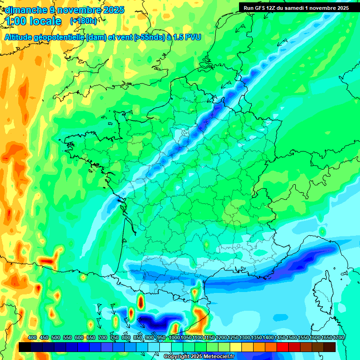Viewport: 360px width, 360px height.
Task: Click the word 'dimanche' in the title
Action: click(x=23, y=10)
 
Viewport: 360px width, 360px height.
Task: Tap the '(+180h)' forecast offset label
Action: click(x=83, y=21)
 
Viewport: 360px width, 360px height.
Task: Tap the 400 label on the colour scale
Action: click(x=32, y=337)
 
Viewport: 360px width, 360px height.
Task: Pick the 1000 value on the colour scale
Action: click(x=174, y=337)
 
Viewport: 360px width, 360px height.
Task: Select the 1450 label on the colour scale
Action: click(x=279, y=337)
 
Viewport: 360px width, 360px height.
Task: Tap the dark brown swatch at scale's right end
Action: click(x=330, y=347)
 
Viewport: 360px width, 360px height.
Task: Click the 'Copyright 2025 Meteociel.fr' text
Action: click(x=199, y=357)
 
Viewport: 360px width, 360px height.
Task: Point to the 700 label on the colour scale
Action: click(x=103, y=337)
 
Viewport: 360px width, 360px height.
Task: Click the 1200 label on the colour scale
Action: click(x=221, y=337)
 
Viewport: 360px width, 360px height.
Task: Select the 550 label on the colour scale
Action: click(x=67, y=337)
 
